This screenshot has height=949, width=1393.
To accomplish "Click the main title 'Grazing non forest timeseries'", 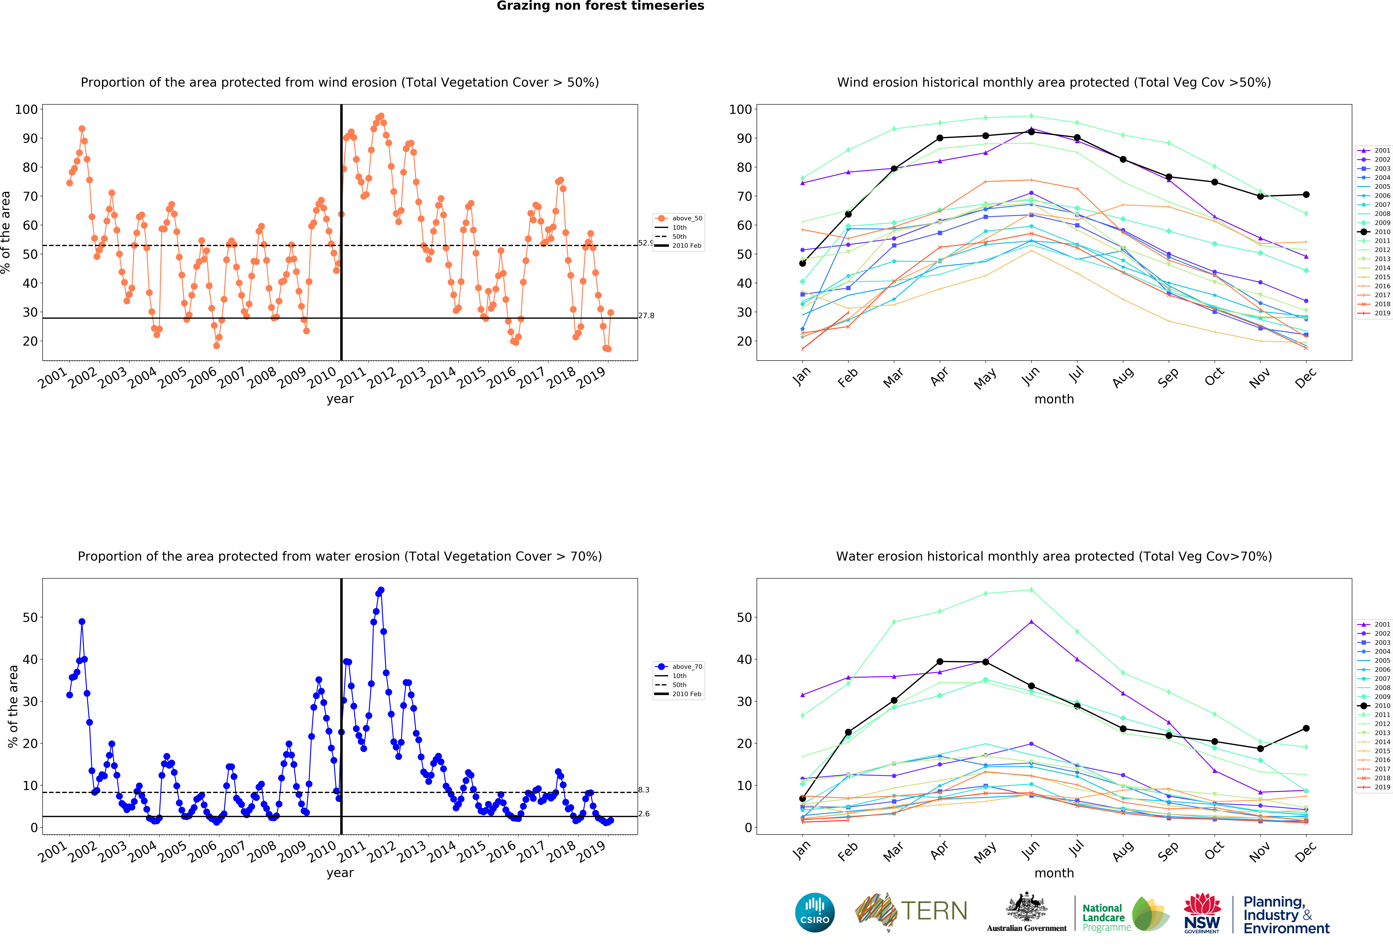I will point(600,6).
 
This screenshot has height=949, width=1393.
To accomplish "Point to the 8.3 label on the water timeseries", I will point(644,790).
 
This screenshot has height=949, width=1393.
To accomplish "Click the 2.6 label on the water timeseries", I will point(644,814).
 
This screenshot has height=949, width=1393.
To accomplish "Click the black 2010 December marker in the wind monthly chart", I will point(1306,195).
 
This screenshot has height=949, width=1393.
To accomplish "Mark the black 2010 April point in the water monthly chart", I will point(940,661).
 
